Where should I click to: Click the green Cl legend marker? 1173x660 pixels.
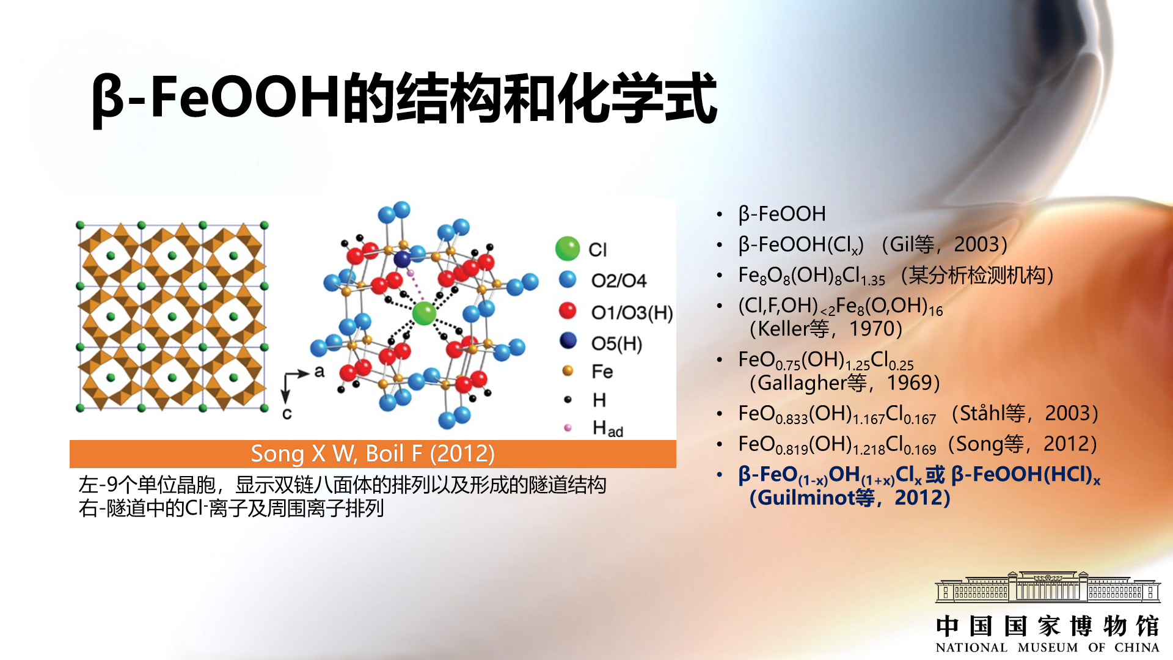click(568, 249)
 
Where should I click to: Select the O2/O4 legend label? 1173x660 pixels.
click(618, 280)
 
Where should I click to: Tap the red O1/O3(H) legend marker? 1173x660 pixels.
click(568, 310)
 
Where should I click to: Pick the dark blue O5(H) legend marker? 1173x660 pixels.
click(568, 340)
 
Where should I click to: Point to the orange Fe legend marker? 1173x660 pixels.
click(568, 370)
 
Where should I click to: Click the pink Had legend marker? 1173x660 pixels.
click(568, 428)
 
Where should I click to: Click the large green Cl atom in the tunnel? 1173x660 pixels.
click(424, 313)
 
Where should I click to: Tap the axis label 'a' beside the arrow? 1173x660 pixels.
click(319, 372)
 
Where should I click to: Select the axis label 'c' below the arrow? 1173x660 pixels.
click(287, 414)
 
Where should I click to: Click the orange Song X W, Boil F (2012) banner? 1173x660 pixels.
click(373, 454)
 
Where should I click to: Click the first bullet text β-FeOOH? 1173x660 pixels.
click(782, 214)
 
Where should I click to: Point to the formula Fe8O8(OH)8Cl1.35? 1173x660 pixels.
click(811, 276)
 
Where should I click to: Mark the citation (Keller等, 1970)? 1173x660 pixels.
click(825, 329)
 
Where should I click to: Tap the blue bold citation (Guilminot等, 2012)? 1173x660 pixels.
click(850, 497)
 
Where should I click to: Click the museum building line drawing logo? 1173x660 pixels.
click(1047, 587)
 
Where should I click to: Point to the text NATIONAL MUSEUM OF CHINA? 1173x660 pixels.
click(1047, 647)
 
